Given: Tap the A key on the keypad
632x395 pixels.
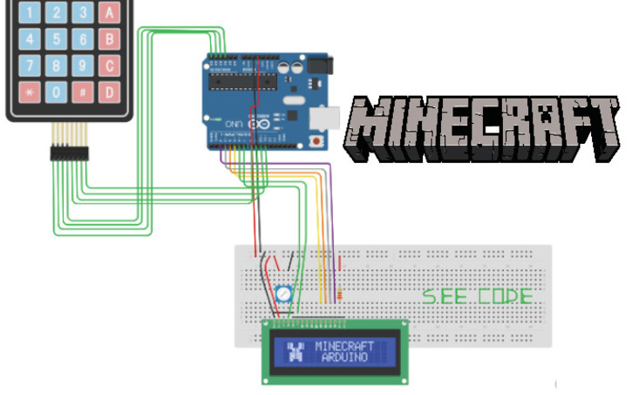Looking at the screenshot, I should (110, 12).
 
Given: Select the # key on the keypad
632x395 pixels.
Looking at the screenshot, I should (84, 92).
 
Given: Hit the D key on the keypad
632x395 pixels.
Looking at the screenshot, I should (110, 92).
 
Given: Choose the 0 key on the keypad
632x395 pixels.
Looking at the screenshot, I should (58, 92).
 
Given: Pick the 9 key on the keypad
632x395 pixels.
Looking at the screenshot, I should (84, 65).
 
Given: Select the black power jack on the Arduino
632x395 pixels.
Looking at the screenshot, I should (318, 65).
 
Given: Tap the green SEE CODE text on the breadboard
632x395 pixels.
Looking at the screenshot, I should (477, 296).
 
